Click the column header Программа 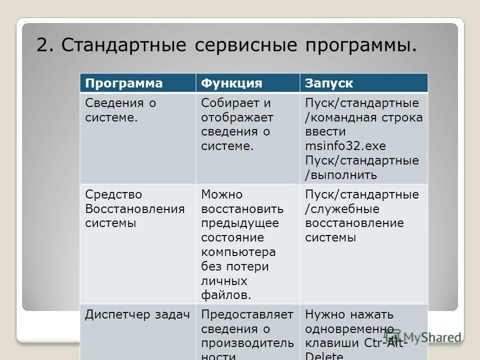124,83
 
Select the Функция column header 231,83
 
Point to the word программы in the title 359,46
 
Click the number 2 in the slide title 43,46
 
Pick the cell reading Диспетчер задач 137,315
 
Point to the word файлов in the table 225,295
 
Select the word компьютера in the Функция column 238,252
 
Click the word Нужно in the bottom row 324,315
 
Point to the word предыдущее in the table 240,223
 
